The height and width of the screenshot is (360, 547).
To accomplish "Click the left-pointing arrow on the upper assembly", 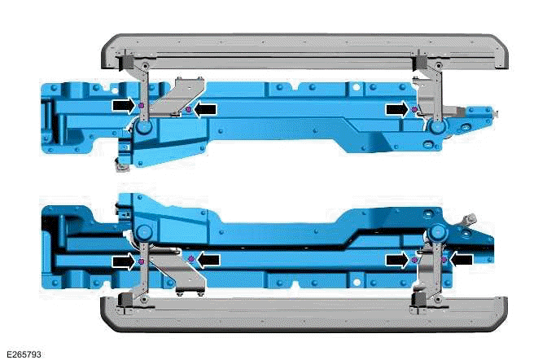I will [208, 108].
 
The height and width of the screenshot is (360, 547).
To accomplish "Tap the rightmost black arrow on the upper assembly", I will [396, 108].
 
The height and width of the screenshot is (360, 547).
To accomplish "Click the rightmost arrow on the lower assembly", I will [462, 259].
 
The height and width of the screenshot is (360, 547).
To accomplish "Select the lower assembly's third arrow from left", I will [397, 259].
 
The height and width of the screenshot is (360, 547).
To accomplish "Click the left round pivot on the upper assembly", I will [143, 129].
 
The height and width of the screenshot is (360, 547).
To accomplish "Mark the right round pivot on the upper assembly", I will [437, 127].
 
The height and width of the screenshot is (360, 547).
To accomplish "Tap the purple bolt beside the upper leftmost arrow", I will [142, 106].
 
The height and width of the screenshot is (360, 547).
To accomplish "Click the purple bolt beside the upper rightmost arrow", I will [414, 108].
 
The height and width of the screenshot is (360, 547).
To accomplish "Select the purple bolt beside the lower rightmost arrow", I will [444, 259].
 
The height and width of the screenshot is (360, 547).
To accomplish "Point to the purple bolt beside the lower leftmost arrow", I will [142, 261].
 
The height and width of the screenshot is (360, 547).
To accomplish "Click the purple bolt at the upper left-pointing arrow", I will [189, 108].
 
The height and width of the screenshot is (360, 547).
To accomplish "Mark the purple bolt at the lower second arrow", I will [190, 259].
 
